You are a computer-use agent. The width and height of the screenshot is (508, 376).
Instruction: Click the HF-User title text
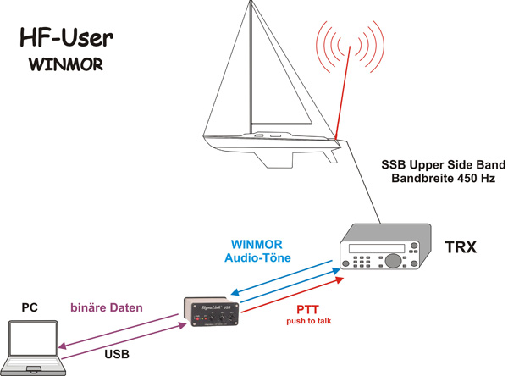(x=66, y=37)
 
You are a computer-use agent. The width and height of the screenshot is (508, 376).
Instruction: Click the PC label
(x=29, y=307)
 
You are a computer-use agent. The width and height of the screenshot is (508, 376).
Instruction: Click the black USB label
(x=117, y=354)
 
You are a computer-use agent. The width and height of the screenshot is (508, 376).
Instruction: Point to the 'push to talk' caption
(x=308, y=322)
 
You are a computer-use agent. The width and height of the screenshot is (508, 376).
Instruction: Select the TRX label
(x=461, y=247)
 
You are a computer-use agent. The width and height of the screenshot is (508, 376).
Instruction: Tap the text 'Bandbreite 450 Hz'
(x=443, y=179)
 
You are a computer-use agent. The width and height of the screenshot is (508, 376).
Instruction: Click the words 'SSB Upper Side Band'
(x=443, y=164)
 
